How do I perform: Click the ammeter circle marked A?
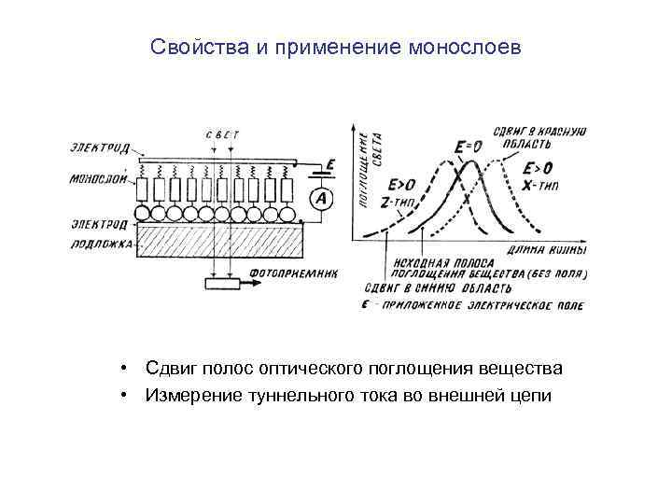[x=321, y=198]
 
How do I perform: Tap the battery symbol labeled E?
[x=321, y=171]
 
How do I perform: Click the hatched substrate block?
[x=220, y=241]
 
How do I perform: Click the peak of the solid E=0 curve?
[x=472, y=162]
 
